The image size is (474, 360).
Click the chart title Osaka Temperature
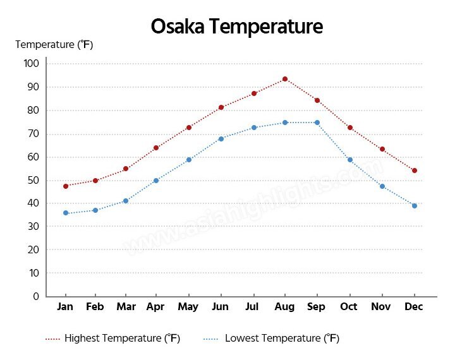pyautogui.click(x=237, y=27)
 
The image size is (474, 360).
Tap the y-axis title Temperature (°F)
pyautogui.click(x=54, y=45)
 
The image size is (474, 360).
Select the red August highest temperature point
pyautogui.click(x=285, y=79)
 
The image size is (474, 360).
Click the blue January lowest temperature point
pyautogui.click(x=66, y=213)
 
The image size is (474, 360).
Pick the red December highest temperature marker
pyautogui.click(x=415, y=171)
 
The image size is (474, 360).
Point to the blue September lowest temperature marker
pyautogui.click(x=317, y=123)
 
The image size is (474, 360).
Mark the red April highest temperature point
pyautogui.click(x=156, y=148)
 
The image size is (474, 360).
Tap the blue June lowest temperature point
pyautogui.click(x=221, y=139)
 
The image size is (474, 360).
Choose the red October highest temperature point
pyautogui.click(x=349, y=128)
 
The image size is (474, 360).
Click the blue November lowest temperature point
pyautogui.click(x=382, y=186)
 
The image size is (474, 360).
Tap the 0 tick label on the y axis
pyautogui.click(x=36, y=296)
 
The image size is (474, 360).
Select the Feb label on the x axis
pyautogui.click(x=95, y=307)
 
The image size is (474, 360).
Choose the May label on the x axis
pyautogui.click(x=188, y=307)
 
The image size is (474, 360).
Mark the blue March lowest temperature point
pyautogui.click(x=126, y=201)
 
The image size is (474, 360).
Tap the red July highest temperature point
pyautogui.click(x=254, y=93)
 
